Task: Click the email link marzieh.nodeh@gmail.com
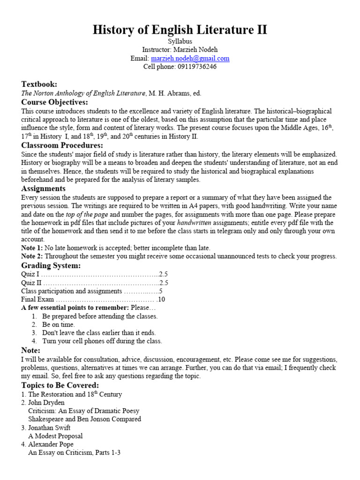[x=190, y=59]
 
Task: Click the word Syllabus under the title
[x=180, y=41]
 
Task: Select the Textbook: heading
[x=39, y=84]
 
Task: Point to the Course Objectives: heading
[x=54, y=102]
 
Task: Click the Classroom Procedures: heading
[x=62, y=145]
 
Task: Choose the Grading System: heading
[x=51, y=265]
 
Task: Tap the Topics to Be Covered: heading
[x=60, y=385]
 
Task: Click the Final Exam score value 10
[x=162, y=300]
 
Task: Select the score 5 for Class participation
[x=160, y=291]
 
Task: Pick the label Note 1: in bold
[x=32, y=248]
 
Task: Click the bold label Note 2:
[x=32, y=256]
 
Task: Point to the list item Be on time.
[x=58, y=324]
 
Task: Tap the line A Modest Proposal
[x=55, y=436]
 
